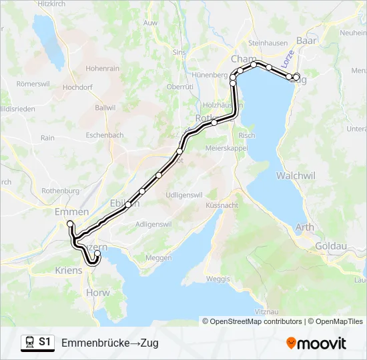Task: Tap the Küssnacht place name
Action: click(222, 205)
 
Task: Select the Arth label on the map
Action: click(304, 227)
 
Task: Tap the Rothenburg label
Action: click(60, 191)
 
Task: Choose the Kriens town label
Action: click(69, 270)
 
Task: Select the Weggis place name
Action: click(218, 278)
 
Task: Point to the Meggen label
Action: click(158, 257)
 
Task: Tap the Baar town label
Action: click(306, 41)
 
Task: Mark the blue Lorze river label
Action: click(288, 59)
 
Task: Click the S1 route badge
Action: click(44, 342)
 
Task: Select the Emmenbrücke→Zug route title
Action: click(110, 343)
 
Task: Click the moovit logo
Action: click(316, 343)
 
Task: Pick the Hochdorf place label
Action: click(77, 87)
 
